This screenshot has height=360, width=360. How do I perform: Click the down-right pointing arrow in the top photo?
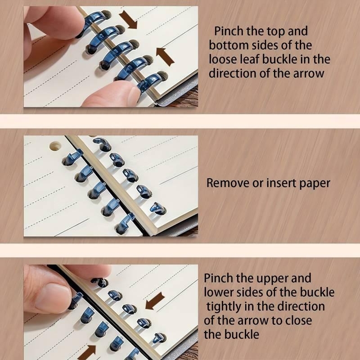tap(128, 20)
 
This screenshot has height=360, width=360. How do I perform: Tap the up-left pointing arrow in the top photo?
tap(165, 57)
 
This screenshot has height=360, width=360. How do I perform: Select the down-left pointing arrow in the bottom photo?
tap(155, 301)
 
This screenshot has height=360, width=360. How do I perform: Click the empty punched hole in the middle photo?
tap(55, 146)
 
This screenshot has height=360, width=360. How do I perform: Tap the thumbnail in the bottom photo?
tap(53, 299)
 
